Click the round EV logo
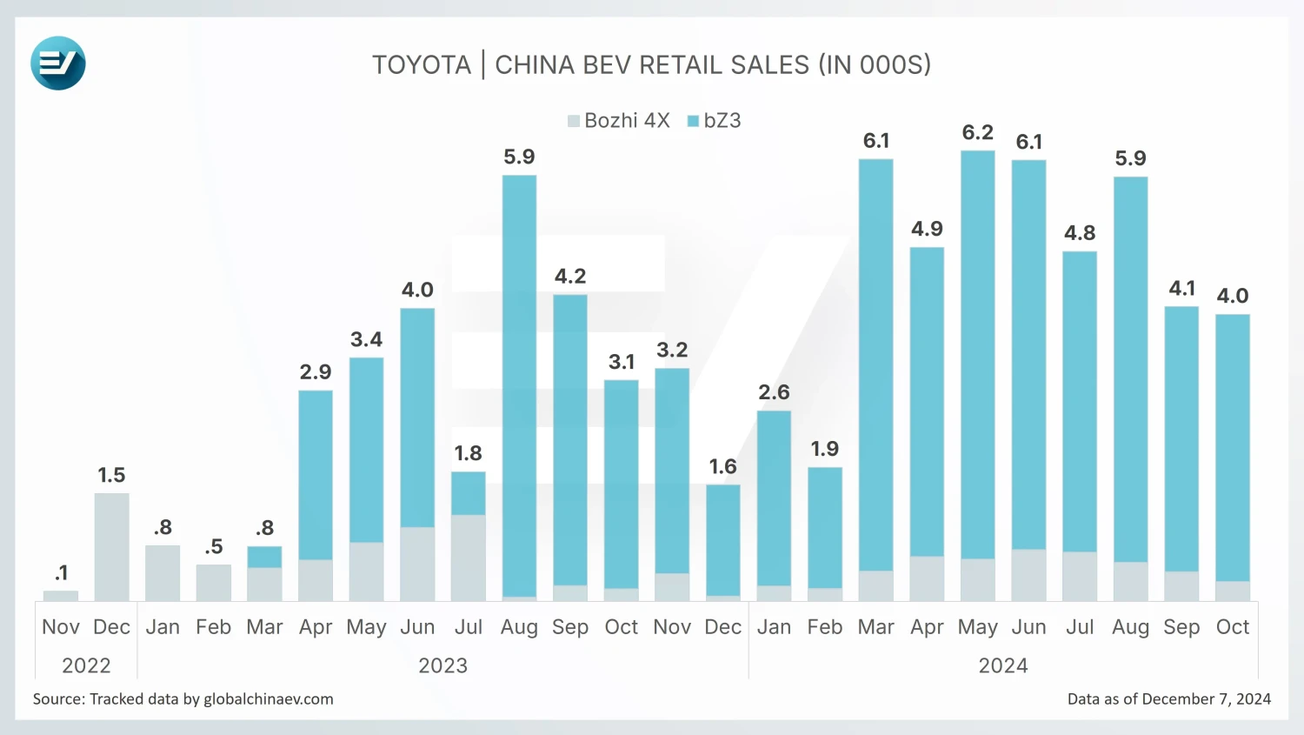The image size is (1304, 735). tap(58, 63)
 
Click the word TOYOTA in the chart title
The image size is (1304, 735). tap(422, 65)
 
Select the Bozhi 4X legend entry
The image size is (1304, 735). tap(618, 121)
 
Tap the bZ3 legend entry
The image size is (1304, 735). tap(715, 121)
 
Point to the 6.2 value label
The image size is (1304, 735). tap(977, 132)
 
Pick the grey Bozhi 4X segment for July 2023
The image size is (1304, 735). tap(469, 558)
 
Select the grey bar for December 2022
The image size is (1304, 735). tap(111, 547)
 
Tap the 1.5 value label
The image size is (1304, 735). tap(111, 475)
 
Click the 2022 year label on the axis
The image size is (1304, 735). tap(86, 666)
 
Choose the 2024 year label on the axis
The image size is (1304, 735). tap(1003, 666)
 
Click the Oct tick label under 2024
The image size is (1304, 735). tap(1232, 627)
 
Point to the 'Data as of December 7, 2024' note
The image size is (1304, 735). tap(1168, 699)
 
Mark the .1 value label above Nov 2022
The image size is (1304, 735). tap(61, 573)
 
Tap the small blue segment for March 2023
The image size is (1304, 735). tap(264, 557)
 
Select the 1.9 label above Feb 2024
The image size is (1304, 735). tap(824, 449)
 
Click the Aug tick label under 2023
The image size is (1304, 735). tap(519, 627)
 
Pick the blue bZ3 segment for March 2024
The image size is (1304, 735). tap(875, 364)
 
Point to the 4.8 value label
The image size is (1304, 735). tap(1080, 233)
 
